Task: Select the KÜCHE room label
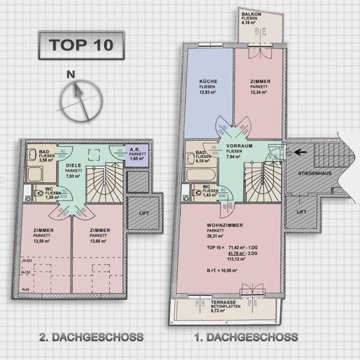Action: click(209, 82)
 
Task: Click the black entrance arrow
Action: click(301, 150)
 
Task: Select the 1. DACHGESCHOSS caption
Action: click(245, 337)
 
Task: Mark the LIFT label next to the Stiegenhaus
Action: click(301, 211)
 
